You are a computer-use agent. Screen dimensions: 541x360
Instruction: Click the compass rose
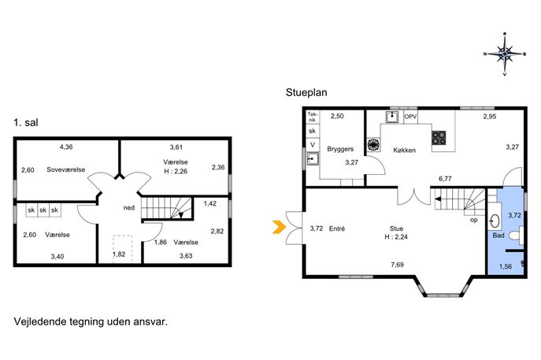505,54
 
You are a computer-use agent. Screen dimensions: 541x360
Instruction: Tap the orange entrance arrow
279,227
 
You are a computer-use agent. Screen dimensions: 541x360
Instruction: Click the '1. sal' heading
26,123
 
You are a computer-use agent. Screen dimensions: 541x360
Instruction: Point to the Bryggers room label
340,149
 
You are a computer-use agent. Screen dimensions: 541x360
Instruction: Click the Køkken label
404,150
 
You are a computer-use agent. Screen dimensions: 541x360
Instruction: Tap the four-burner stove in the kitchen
439,138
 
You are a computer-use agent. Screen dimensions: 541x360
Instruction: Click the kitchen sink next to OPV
392,117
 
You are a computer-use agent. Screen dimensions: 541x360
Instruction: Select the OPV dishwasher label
410,117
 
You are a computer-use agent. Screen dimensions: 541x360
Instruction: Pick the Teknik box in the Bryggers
313,117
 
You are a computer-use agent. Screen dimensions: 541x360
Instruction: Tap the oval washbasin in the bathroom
495,221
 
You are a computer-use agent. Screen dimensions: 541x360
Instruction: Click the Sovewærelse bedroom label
66,169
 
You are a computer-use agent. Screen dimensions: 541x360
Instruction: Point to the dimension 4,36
66,147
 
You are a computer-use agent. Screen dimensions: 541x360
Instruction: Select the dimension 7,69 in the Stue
397,265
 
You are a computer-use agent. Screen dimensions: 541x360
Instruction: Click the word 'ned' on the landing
129,208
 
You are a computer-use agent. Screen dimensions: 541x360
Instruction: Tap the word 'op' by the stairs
474,220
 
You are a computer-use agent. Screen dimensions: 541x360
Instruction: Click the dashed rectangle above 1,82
123,248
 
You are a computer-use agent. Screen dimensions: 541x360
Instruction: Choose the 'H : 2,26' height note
176,171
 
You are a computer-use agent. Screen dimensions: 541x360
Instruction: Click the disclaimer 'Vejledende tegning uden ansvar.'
91,321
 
